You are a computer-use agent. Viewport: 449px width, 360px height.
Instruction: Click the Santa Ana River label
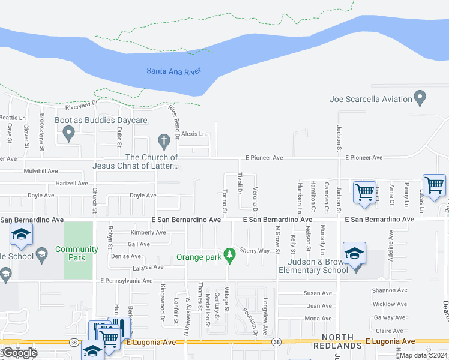point(173,71)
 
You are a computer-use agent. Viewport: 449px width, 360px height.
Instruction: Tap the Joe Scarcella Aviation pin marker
point(420,97)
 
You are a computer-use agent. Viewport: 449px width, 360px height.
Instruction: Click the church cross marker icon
point(164,142)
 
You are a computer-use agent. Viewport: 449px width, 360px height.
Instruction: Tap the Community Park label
point(76,253)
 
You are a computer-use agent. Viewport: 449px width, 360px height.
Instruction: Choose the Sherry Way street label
point(255,250)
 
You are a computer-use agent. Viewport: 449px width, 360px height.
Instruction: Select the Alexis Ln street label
point(193,134)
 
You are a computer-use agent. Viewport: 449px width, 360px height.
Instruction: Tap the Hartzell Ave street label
point(71,183)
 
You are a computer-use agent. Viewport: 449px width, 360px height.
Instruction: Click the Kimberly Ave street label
point(148,232)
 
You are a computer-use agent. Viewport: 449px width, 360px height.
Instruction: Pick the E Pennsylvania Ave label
point(127,280)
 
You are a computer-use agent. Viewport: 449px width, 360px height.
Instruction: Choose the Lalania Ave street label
point(145,267)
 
